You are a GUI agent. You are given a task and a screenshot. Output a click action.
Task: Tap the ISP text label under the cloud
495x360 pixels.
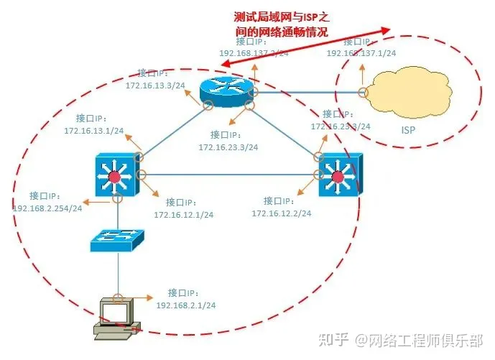408,130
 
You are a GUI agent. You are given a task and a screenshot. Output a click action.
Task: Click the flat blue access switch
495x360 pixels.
116,241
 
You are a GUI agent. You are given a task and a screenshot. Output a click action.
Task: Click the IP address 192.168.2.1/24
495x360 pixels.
185,305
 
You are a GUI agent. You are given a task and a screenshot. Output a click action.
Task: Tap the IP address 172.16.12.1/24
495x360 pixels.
183,214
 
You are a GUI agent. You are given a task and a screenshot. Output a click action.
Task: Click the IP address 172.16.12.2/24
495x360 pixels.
281,213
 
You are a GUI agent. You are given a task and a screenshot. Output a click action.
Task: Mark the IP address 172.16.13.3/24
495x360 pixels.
154,86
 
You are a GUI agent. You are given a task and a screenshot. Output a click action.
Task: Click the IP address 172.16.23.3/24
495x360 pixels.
228,147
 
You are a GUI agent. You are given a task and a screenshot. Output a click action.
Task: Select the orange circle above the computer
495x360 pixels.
118,297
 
